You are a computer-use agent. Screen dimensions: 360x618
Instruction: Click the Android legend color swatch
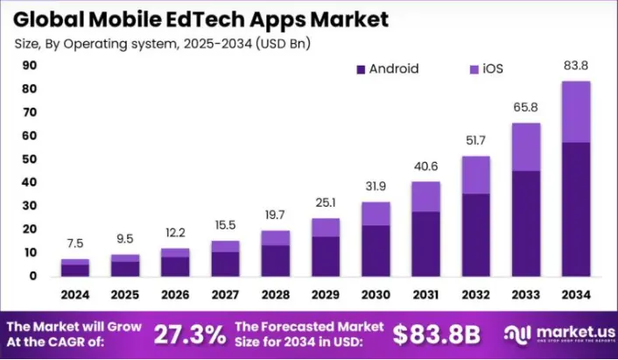click(x=359, y=68)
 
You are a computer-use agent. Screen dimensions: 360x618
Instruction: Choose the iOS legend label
click(x=493, y=68)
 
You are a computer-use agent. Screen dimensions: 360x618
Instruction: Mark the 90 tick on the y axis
click(x=29, y=65)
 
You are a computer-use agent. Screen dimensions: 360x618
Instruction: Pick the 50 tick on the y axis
click(x=29, y=159)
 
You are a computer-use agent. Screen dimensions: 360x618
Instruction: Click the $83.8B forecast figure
click(x=435, y=334)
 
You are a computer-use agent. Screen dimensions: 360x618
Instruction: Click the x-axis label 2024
click(x=75, y=293)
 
